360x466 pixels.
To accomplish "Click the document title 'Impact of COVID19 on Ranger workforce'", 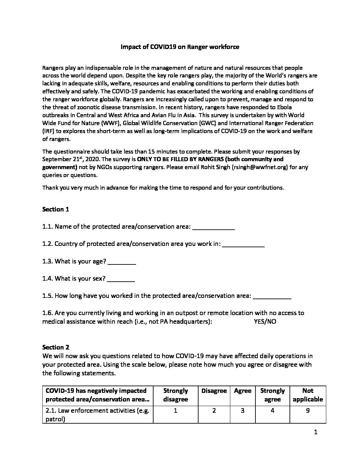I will click(180, 47).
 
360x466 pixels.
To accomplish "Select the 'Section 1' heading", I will click(56, 209).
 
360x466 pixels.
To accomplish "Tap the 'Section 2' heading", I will click(56, 347).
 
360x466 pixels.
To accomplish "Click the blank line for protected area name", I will click(213, 227).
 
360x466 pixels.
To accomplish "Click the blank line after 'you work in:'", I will click(244, 245).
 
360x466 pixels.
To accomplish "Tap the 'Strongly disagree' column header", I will click(175, 395).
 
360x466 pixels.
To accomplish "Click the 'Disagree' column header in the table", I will click(214, 391).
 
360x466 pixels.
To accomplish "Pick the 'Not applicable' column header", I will click(308, 395).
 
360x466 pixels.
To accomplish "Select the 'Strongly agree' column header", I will click(272, 395).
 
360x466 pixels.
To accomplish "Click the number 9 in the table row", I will click(308, 411).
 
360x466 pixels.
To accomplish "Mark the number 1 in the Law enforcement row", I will click(175, 411).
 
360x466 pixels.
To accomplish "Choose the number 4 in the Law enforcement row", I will click(272, 411).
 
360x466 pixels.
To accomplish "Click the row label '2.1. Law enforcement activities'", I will click(98, 411).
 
